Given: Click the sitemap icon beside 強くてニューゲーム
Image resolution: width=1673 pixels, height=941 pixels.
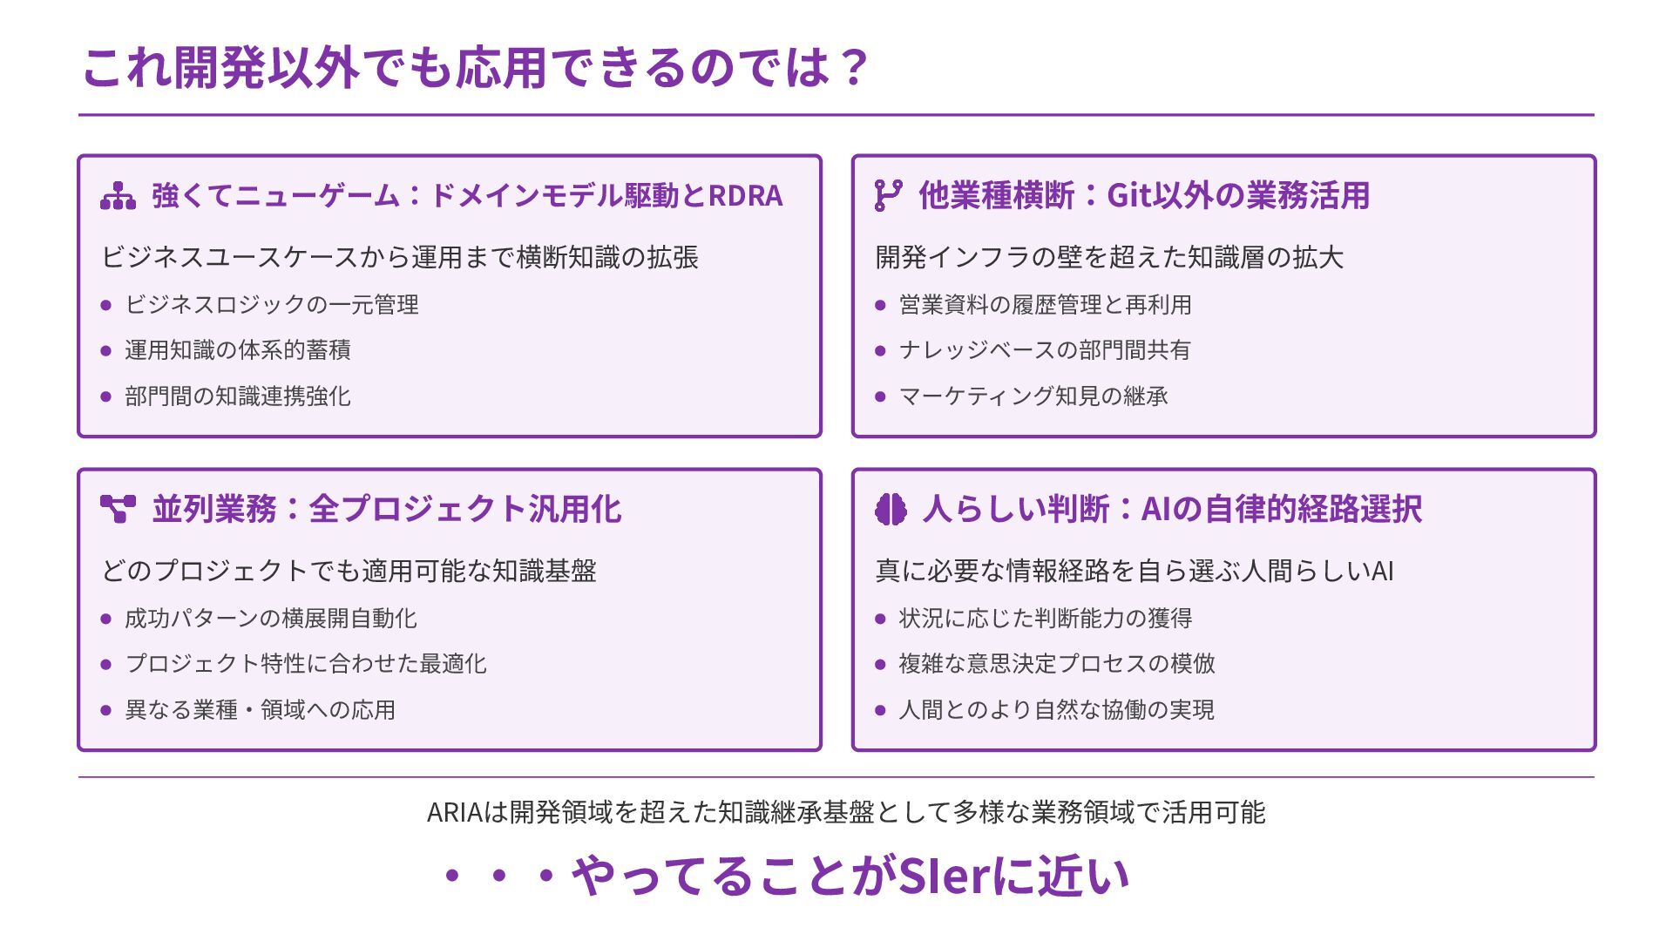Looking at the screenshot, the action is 118,196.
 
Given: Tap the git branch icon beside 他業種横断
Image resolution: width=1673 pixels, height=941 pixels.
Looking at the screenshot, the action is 888,195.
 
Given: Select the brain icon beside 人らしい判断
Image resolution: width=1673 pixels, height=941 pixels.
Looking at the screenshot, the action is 891,509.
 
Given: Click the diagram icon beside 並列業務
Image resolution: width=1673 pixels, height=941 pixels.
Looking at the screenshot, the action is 118,509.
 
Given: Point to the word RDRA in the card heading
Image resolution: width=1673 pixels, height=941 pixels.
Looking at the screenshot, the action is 745,196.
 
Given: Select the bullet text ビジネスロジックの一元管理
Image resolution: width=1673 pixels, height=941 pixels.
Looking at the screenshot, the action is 272,305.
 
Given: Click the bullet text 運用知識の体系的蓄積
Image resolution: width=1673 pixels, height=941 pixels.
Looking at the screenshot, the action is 238,350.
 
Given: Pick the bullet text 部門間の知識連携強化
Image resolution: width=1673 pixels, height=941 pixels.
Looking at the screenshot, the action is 238,396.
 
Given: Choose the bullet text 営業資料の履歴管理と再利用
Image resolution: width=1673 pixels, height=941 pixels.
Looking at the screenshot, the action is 1046,305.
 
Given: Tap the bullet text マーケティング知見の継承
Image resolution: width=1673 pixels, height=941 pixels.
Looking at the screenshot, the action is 1033,396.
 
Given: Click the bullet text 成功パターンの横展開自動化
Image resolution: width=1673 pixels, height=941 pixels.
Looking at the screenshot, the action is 271,619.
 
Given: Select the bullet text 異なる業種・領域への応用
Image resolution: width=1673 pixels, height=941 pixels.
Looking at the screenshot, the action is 261,710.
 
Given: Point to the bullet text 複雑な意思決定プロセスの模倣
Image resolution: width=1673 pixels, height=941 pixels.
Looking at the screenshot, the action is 1057,664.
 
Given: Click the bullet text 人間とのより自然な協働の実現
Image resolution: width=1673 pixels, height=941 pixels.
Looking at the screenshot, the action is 1057,710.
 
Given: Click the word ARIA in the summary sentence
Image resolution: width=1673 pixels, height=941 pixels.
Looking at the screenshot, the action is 455,813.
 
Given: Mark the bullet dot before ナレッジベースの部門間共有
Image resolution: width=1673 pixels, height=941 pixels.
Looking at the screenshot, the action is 880,351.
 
